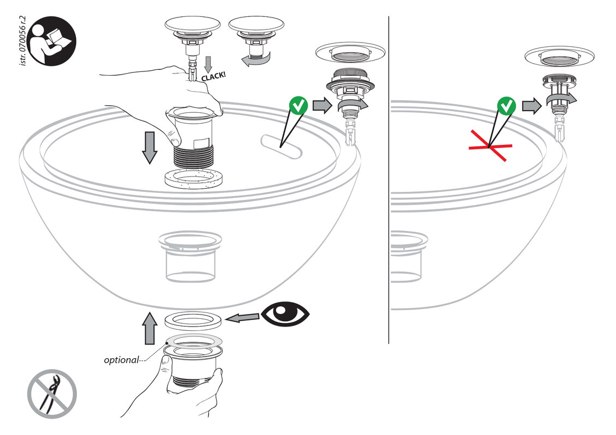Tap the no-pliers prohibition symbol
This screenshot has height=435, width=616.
(52, 394)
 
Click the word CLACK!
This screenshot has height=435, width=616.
(214, 77)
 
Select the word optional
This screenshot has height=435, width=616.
(121, 360)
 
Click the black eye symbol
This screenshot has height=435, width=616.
(285, 314)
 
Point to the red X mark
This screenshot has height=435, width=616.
(489, 147)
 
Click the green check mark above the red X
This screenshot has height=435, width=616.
(506, 106)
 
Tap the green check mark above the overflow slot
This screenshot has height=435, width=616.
(298, 106)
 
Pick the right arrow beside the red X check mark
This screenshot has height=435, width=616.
(529, 106)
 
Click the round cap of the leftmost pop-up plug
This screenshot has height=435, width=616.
(192, 25)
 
